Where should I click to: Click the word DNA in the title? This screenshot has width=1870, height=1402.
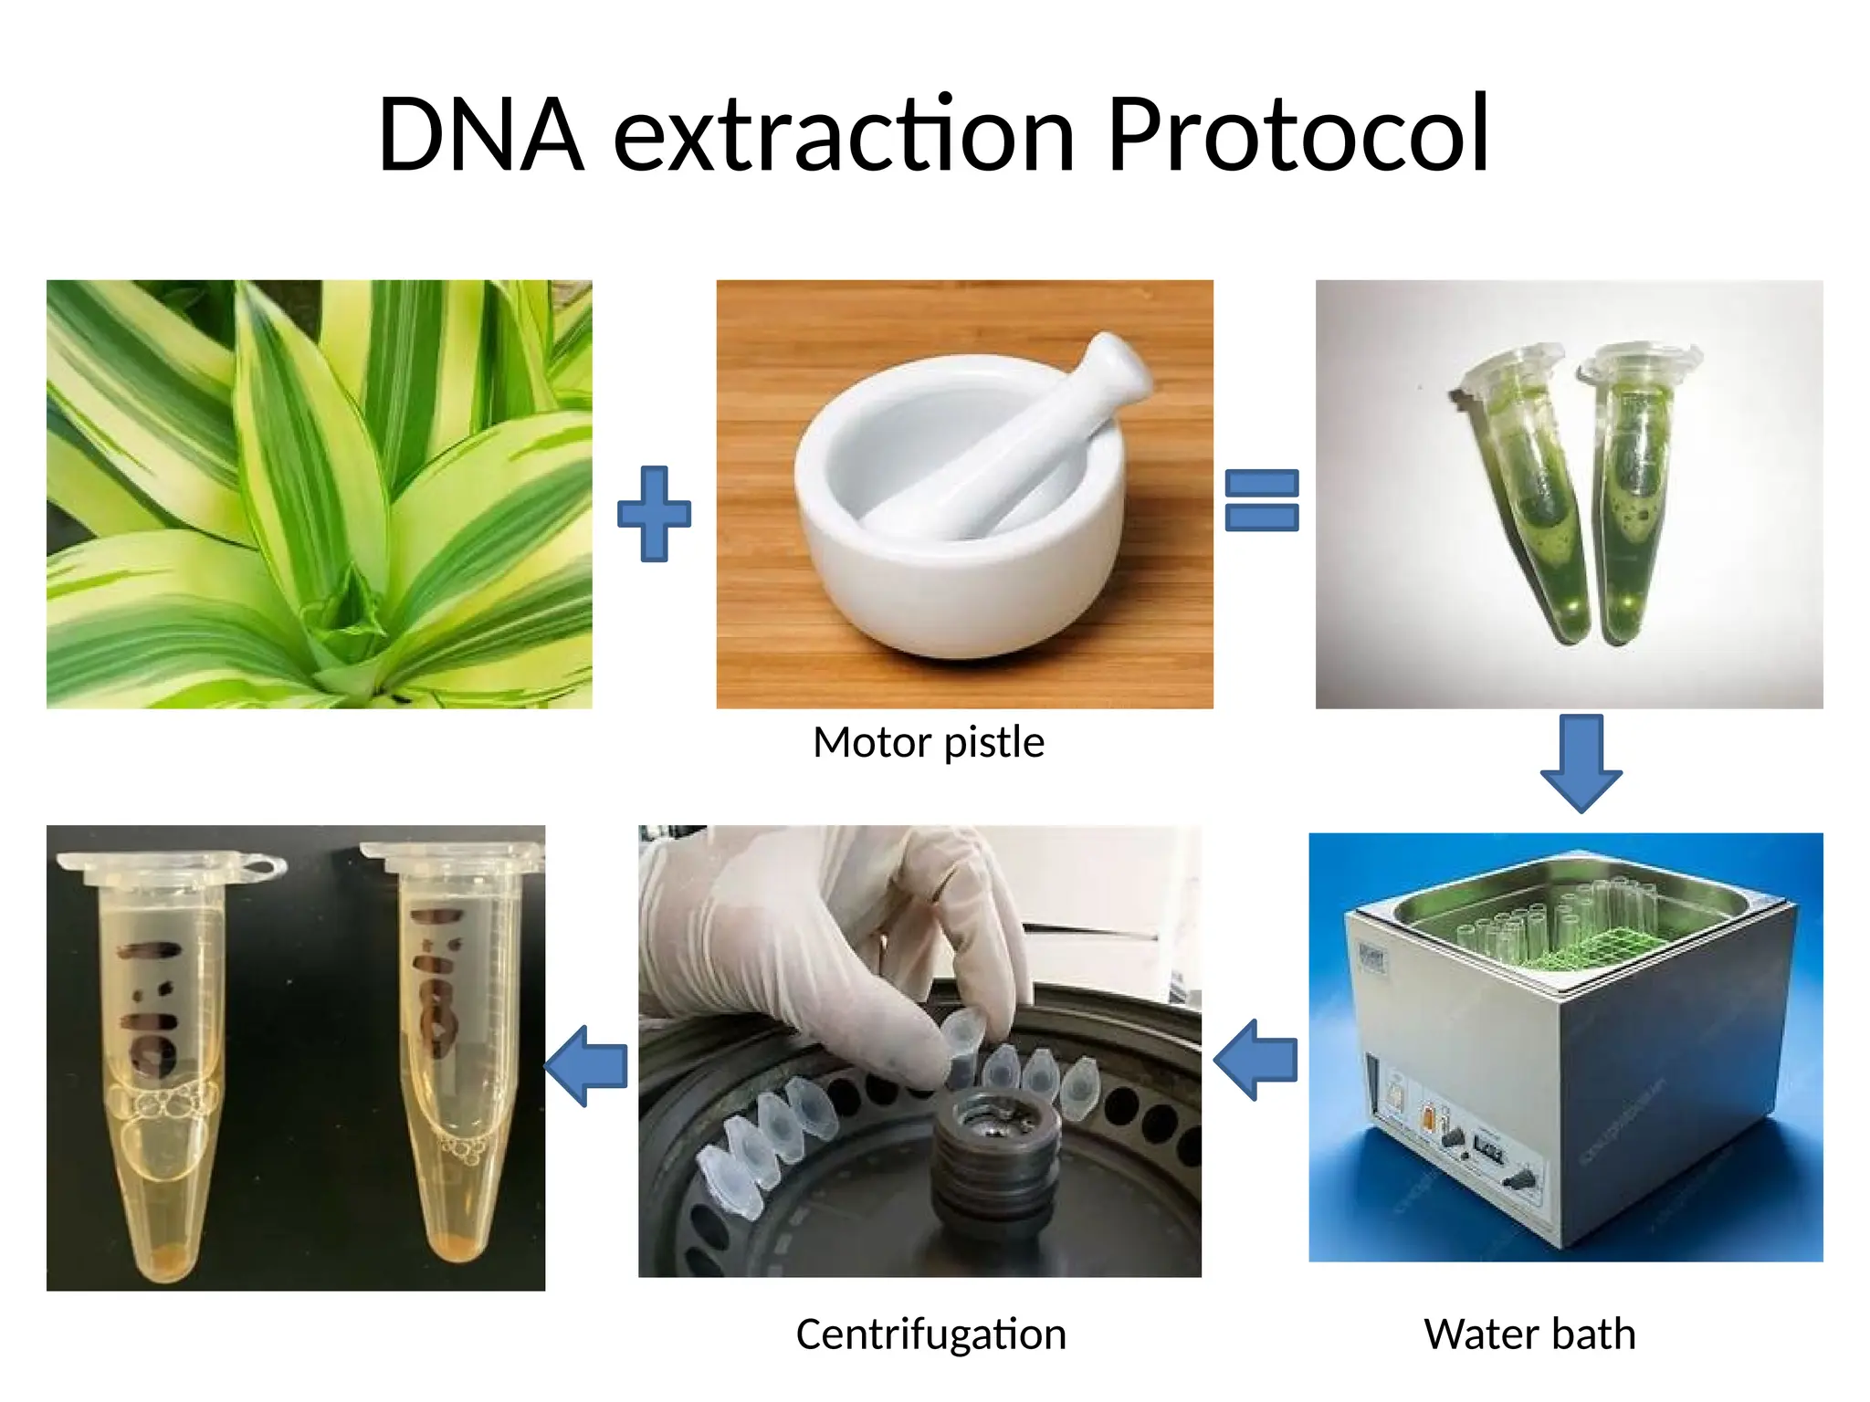tap(480, 135)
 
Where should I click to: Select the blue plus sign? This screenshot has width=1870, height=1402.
tap(654, 514)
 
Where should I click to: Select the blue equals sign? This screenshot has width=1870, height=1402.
tap(1261, 499)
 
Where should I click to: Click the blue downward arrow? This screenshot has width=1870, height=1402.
tap(1581, 763)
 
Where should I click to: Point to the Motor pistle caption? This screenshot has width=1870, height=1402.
tap(928, 742)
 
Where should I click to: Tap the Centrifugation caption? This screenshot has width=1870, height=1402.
tap(930, 1334)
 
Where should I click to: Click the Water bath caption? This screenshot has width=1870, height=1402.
tap(1529, 1334)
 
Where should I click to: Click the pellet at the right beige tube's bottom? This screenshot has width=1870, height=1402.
tap(458, 1247)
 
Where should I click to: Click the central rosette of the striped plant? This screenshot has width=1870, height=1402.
tap(347, 612)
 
